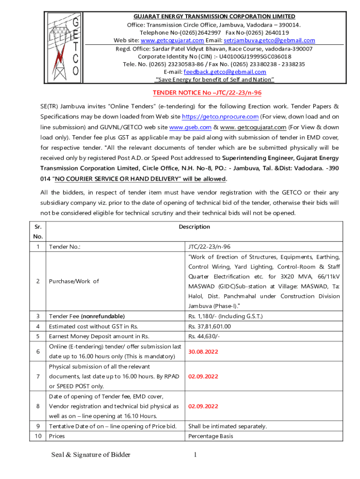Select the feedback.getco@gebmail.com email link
[225, 72]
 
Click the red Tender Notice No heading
[207, 93]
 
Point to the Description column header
[194, 227]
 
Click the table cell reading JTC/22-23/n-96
[209, 247]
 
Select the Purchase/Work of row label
[74, 281]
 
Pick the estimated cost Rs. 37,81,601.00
[209, 327]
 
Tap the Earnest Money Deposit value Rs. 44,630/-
[204, 336]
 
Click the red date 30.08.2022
[203, 351]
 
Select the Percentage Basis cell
[210, 436]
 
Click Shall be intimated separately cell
[227, 426]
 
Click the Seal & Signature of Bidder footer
[91, 455]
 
